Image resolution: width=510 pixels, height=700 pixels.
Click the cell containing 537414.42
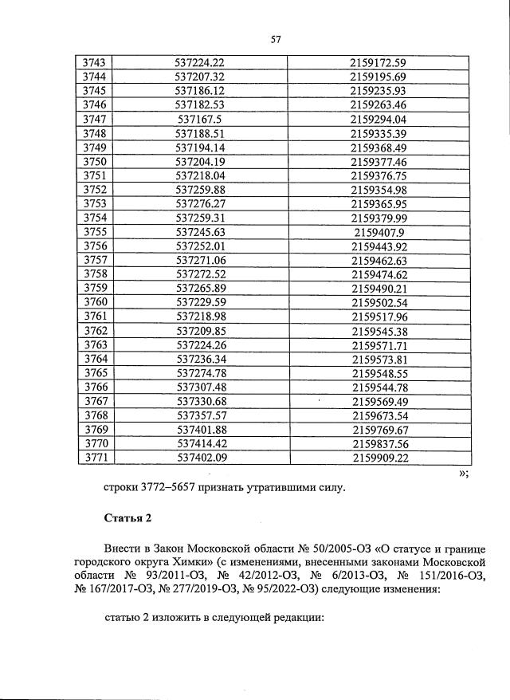tap(201, 444)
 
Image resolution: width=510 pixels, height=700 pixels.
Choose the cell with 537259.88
tap(201, 190)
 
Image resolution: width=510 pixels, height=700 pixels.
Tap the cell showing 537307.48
tap(201, 387)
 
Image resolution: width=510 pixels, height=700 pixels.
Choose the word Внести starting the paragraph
tap(124, 550)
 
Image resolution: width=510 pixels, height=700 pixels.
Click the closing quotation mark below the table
tap(461, 474)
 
